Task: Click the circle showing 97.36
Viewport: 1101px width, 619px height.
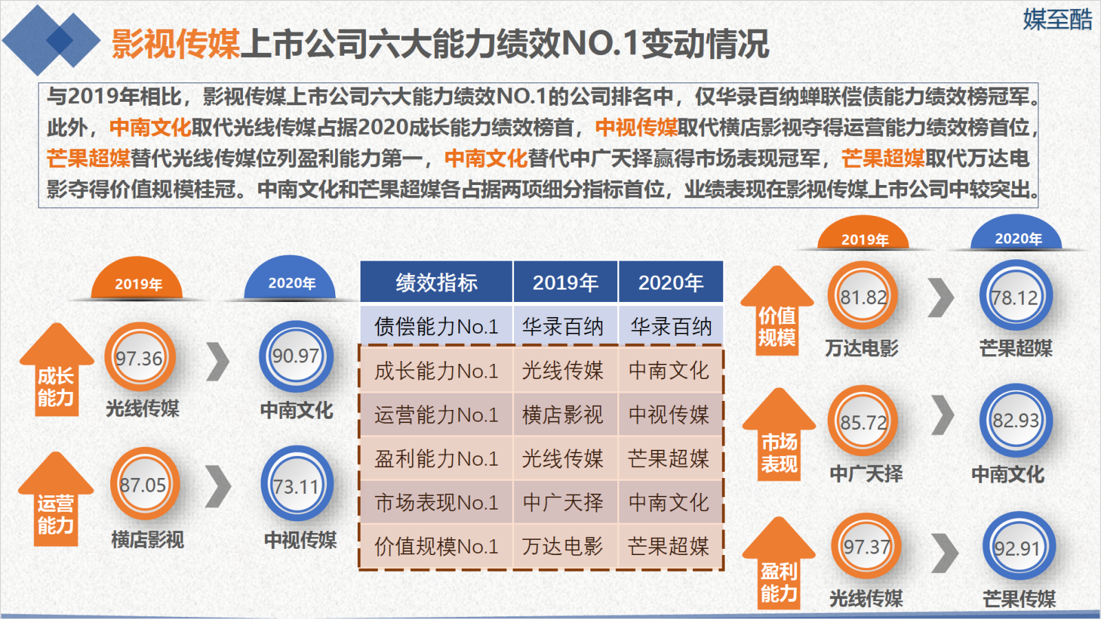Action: (140, 357)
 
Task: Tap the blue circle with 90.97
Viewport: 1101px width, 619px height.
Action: (296, 356)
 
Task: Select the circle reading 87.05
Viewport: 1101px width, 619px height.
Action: (145, 484)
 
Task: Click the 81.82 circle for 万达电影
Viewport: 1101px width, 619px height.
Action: (863, 296)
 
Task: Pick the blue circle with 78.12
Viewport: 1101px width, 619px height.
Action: (1016, 296)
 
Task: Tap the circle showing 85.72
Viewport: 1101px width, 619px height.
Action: (863, 421)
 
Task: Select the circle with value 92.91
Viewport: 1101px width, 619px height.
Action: (1018, 547)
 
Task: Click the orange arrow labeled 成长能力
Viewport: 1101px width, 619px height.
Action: (56, 369)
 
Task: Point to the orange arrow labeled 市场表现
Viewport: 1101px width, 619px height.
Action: (778, 434)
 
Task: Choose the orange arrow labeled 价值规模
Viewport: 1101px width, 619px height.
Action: (777, 310)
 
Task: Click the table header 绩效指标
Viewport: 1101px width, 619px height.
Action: (436, 283)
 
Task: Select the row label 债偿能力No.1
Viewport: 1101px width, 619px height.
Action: (436, 326)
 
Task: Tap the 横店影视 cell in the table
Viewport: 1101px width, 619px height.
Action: (563, 415)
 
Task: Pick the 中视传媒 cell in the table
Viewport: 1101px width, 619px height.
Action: (669, 415)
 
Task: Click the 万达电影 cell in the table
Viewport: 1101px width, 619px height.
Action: (563, 546)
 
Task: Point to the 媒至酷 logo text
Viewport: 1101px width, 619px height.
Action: (1057, 19)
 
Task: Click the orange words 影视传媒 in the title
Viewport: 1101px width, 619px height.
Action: (175, 44)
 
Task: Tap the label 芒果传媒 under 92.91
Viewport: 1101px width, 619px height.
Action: (1019, 599)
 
